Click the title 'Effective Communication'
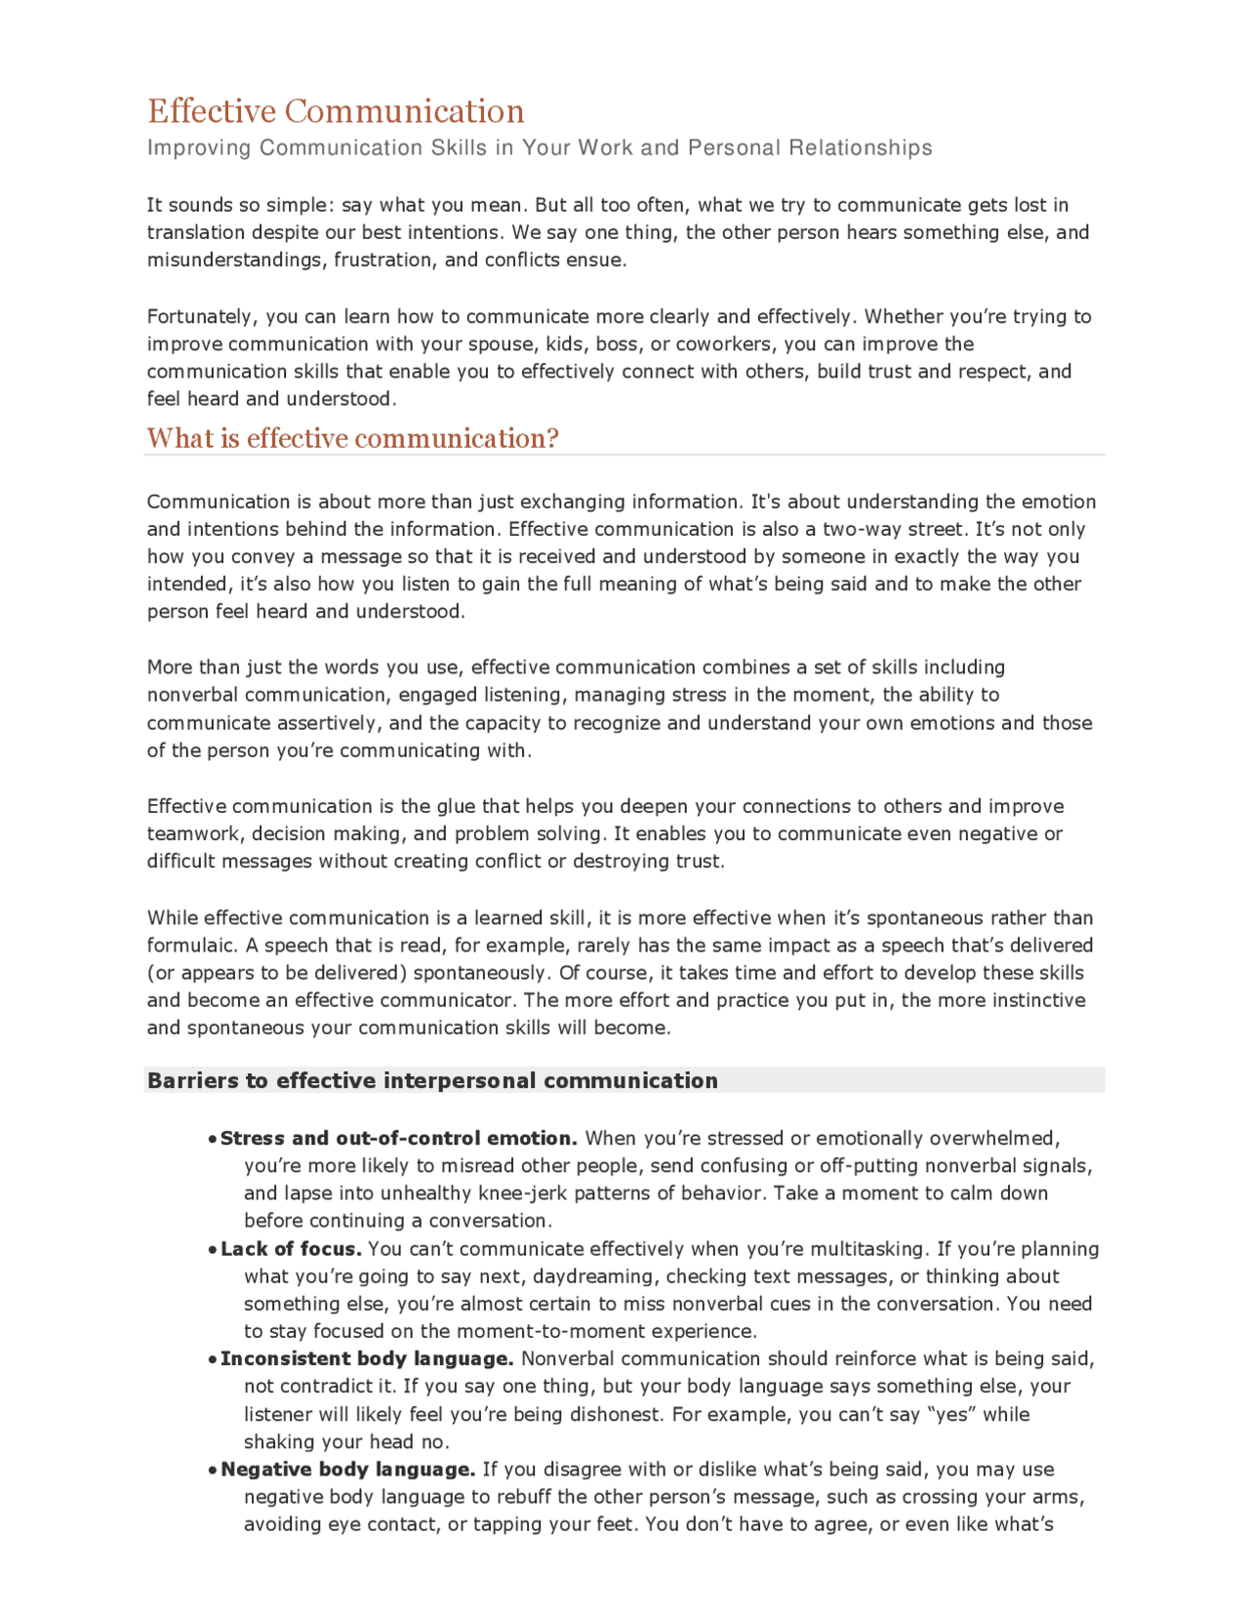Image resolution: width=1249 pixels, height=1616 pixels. tap(336, 111)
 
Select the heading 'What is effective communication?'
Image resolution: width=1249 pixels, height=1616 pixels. tap(352, 438)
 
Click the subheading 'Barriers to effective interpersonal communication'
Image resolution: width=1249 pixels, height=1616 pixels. tap(432, 1080)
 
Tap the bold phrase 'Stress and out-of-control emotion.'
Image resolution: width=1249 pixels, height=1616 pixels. tap(399, 1138)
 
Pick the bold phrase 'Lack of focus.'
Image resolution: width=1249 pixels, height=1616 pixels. tap(291, 1249)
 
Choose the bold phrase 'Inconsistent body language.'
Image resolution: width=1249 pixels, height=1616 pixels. tap(367, 1358)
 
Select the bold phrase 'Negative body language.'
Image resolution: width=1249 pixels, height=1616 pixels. tap(348, 1470)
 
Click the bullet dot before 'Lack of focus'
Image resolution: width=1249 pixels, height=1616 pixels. tap(212, 1250)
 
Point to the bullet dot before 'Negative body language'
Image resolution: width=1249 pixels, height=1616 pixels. tap(212, 1471)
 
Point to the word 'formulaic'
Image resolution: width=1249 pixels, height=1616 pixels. tap(190, 946)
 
